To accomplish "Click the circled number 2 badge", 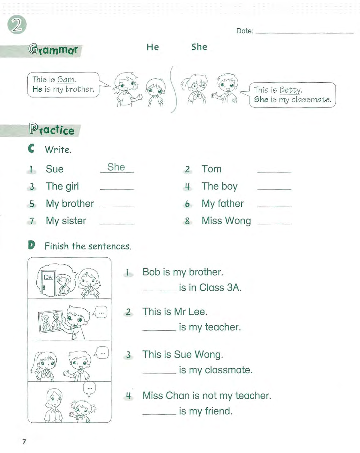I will [17, 25].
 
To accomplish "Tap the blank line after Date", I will [304, 32].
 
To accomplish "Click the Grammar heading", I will [53, 50].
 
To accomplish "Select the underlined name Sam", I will [66, 79].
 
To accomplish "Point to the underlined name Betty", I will [290, 90].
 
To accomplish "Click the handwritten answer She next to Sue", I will [116, 167].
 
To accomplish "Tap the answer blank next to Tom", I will [274, 170].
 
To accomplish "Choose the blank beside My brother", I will [117, 204].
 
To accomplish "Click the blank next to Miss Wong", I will [274, 222].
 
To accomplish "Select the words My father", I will [223, 204].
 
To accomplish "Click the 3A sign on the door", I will [49, 277].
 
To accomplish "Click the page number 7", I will [24, 441].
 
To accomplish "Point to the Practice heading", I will [52, 130].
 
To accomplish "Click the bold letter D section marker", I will [32, 245].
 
